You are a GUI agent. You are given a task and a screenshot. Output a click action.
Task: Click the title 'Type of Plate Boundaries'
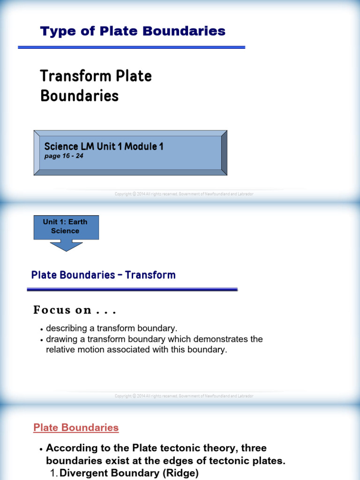133,31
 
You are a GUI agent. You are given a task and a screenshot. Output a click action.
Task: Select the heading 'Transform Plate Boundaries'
96,86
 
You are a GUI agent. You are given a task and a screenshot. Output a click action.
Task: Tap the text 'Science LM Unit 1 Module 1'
104,146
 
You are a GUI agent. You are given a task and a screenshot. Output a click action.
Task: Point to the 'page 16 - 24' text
63,156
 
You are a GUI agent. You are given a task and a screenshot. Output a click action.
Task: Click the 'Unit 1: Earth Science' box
66,227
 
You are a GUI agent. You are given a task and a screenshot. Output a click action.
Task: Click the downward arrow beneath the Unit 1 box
66,245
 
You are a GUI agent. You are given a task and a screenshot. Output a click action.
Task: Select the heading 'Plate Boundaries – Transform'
103,275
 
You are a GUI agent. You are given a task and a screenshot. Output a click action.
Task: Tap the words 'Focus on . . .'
75,310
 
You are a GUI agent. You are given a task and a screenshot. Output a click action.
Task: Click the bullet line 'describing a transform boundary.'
112,328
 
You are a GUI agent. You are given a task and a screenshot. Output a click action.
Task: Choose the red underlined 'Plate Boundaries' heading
76,427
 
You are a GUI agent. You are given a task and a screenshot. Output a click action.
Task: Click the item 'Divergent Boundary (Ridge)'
129,473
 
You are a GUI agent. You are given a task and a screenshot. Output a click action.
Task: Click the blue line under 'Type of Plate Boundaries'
131,47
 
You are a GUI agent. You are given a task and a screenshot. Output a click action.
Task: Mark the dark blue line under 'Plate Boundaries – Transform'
132,290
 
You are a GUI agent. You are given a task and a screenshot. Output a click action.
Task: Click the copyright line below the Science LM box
184,194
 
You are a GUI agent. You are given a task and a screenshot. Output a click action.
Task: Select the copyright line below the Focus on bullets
184,396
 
